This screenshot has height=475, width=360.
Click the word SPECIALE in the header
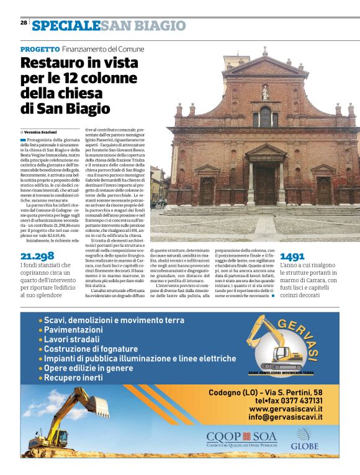click(66, 25)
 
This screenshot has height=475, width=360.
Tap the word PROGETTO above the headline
click(40, 49)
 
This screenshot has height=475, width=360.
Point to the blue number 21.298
click(37, 256)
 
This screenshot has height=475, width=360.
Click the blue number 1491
click(293, 256)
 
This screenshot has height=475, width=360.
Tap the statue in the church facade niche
click(265, 92)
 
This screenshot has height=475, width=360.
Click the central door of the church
click(265, 189)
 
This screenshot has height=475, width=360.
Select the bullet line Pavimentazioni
click(73, 330)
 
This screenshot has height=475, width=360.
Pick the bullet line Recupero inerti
click(73, 378)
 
